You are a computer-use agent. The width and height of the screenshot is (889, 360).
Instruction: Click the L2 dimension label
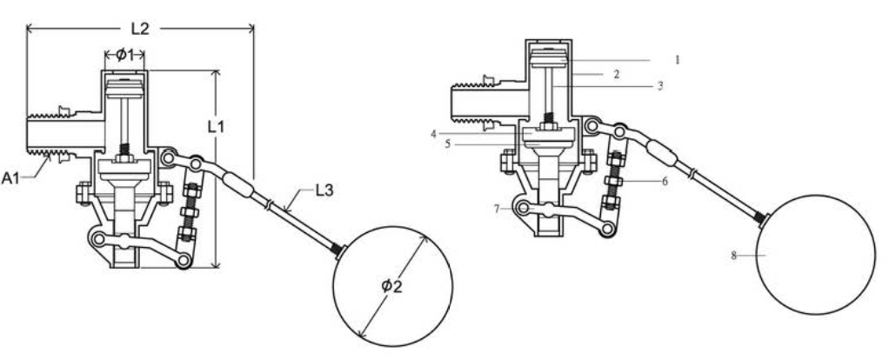[x=139, y=28]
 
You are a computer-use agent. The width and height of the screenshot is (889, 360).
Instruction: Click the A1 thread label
[x=11, y=178]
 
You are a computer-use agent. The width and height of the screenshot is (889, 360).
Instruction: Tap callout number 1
[x=677, y=60]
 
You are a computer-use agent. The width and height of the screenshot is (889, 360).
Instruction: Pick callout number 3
[x=659, y=86]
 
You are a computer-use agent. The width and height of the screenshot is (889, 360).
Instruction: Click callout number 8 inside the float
[x=736, y=255]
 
